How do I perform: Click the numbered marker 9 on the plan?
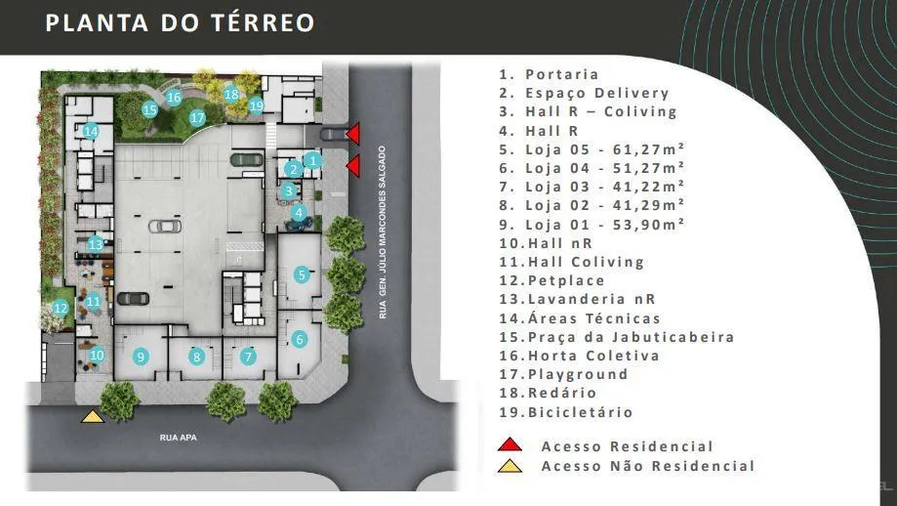(x=141, y=357)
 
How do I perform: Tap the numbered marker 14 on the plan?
(x=91, y=131)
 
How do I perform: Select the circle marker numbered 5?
(x=302, y=274)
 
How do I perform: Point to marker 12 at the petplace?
(x=61, y=309)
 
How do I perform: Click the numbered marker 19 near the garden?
(x=257, y=105)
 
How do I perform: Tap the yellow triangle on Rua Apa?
(x=93, y=416)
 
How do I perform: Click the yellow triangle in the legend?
(x=510, y=466)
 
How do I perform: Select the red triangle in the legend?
(x=510, y=444)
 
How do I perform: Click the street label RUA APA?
(x=179, y=438)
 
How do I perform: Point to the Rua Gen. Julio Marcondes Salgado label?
(x=383, y=232)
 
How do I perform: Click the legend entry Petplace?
(x=566, y=280)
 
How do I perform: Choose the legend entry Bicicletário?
(x=580, y=412)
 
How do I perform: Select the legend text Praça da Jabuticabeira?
(x=631, y=337)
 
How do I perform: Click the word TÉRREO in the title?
(x=263, y=22)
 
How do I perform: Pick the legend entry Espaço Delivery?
(x=597, y=93)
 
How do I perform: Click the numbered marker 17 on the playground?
(x=197, y=118)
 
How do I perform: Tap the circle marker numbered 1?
(x=312, y=160)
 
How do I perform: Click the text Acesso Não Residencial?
(x=648, y=466)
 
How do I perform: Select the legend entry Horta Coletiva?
(x=593, y=356)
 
